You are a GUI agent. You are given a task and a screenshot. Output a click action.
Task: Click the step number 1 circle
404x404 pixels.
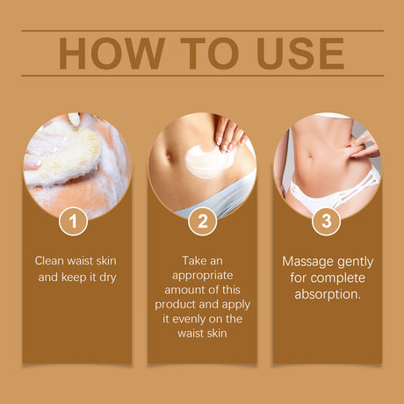pyautogui.click(x=73, y=221)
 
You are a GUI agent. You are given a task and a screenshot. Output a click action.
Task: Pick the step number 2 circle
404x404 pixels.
pyautogui.click(x=202, y=221)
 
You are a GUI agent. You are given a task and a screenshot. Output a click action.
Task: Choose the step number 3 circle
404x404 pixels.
pyautogui.click(x=326, y=221)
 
